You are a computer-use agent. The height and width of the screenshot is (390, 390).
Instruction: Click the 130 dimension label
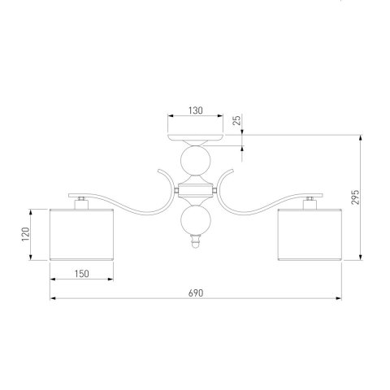click(x=196, y=110)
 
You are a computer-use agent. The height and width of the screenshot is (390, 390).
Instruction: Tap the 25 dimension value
click(x=237, y=120)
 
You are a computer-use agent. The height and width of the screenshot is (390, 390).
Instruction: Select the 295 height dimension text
click(x=355, y=197)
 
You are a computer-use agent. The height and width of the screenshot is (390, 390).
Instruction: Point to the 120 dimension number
click(x=25, y=234)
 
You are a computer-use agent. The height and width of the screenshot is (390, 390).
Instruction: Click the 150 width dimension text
click(x=81, y=274)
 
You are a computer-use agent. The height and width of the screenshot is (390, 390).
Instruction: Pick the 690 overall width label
click(x=196, y=293)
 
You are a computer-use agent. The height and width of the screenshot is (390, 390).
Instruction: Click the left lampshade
click(x=81, y=235)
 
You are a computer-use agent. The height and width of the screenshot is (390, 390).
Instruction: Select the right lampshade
click(x=310, y=235)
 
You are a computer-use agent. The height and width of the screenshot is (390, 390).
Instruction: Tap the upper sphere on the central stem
click(x=196, y=160)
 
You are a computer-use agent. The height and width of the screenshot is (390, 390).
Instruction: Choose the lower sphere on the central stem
click(x=196, y=220)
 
